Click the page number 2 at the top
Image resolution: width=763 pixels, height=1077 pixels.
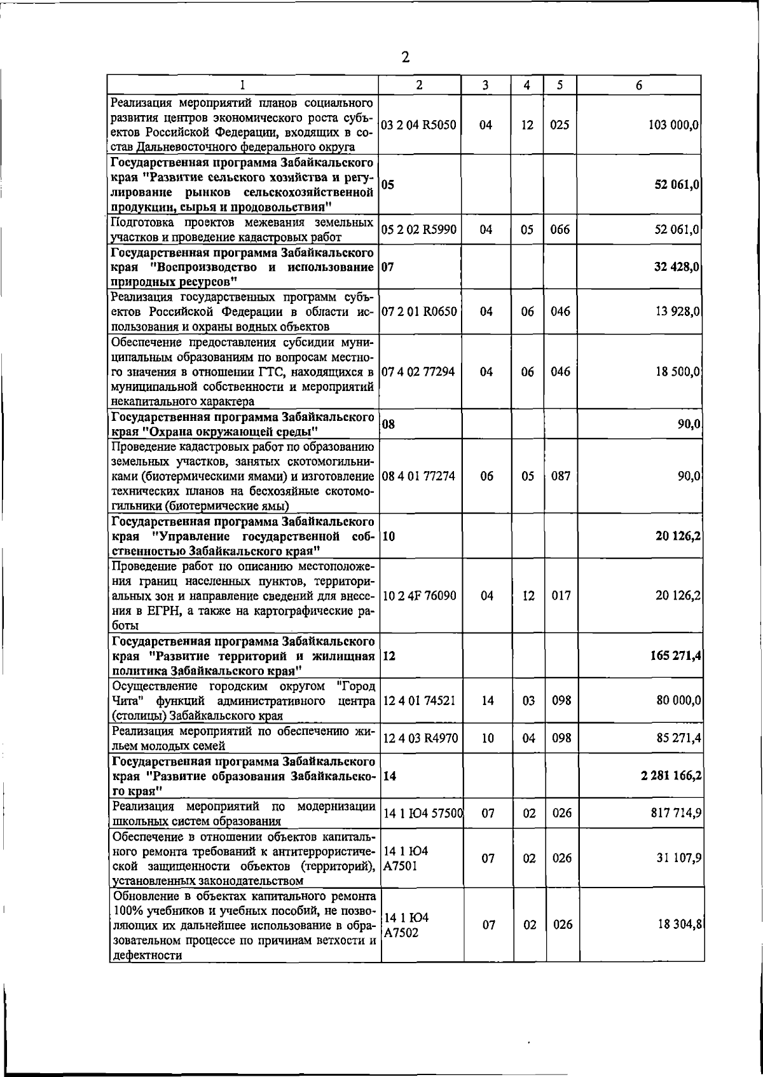point(406,58)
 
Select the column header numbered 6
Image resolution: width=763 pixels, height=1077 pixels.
point(639,85)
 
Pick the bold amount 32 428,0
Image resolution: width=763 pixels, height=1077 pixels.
point(677,267)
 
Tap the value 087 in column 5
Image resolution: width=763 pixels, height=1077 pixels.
point(560,476)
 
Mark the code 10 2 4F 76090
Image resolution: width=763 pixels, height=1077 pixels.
point(419,596)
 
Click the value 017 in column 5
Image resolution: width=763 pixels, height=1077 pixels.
point(560,596)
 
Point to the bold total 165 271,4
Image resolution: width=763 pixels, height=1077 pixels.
point(673,655)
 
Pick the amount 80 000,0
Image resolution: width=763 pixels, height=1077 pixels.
point(678,700)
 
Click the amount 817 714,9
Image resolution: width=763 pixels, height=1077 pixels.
point(674,813)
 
